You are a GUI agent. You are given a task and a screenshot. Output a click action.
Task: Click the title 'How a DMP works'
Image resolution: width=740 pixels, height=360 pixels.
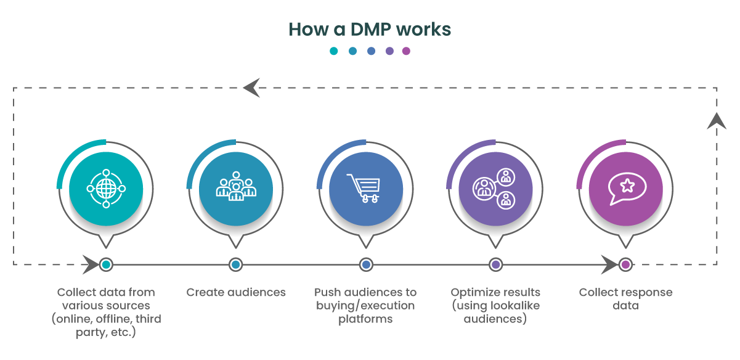click(x=370, y=29)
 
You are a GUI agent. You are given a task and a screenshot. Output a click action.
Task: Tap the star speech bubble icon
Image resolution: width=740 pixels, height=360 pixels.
click(x=625, y=188)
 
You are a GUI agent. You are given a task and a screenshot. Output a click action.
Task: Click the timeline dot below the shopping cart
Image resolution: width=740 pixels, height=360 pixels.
click(x=366, y=264)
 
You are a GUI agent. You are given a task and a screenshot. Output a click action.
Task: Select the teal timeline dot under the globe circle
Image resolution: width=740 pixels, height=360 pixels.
click(x=106, y=264)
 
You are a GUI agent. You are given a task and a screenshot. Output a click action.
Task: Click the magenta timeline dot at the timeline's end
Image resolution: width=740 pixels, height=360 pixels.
click(x=625, y=264)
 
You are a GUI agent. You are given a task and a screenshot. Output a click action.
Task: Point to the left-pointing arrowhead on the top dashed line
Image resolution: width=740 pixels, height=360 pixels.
click(x=251, y=88)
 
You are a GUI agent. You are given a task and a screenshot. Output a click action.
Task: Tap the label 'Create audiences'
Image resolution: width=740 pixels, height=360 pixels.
click(x=236, y=292)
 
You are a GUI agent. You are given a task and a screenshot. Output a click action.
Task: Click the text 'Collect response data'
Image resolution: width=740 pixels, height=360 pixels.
click(x=625, y=298)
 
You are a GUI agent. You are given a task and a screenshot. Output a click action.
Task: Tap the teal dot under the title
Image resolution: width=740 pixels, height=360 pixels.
click(x=334, y=51)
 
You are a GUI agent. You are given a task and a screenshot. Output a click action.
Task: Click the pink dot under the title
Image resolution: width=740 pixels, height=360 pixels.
click(x=406, y=51)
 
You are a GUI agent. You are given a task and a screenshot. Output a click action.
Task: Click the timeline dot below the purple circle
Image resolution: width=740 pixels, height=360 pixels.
click(x=495, y=264)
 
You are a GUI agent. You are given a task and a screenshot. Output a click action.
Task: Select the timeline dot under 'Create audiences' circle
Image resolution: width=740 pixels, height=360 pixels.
click(x=235, y=264)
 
